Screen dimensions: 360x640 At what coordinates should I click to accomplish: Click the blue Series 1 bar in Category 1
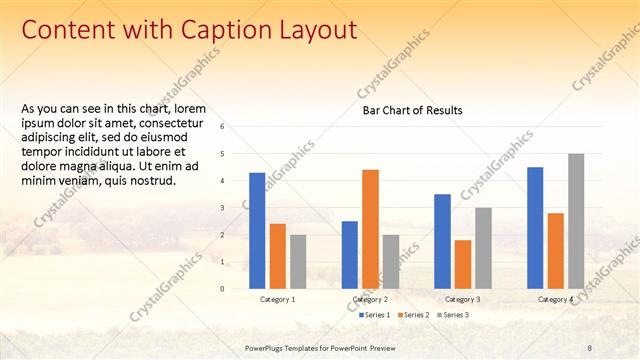point(257,230)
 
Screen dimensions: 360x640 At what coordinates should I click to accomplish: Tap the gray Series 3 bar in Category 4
point(576,221)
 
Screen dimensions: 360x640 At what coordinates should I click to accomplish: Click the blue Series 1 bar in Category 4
point(535,227)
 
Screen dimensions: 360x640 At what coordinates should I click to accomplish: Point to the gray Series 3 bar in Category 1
point(298,261)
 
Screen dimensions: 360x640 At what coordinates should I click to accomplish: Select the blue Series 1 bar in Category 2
point(349,254)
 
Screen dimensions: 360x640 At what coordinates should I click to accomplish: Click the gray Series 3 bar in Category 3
point(483,248)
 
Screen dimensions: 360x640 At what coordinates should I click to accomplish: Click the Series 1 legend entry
point(375,315)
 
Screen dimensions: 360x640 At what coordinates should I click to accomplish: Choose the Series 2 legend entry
point(415,315)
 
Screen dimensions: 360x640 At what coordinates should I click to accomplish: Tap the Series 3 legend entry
point(454,315)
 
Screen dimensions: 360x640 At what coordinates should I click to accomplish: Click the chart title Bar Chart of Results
point(412,111)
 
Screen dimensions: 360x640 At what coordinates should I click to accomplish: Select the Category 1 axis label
point(277,299)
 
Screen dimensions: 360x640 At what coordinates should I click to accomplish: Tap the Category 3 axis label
point(462,299)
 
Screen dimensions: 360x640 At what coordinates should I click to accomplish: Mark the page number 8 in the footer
point(589,347)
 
